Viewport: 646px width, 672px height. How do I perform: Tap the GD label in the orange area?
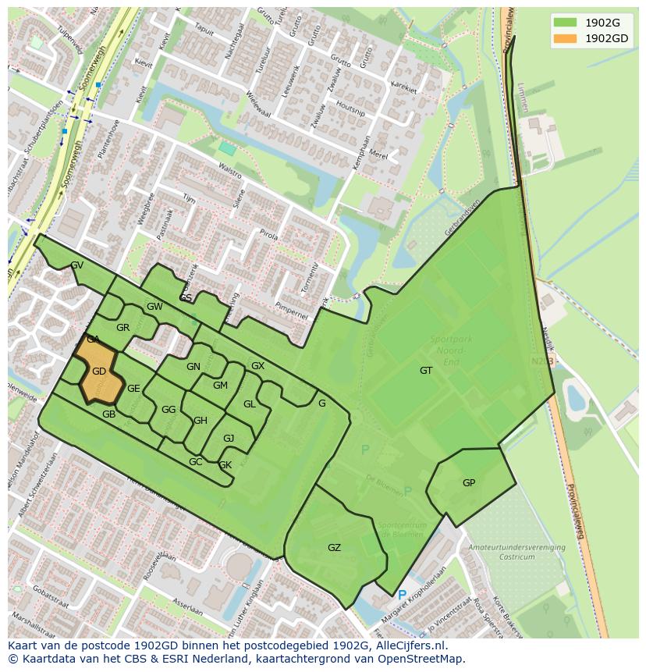tap(99, 372)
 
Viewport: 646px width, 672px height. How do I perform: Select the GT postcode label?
tap(426, 371)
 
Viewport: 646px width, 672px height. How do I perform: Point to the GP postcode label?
tap(469, 483)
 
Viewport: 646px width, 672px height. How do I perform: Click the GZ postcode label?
tap(334, 548)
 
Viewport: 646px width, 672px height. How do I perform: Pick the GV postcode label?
tap(77, 265)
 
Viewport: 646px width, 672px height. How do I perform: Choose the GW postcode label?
tap(154, 307)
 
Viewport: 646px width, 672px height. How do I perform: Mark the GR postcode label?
tap(122, 328)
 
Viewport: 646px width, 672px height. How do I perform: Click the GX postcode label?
tap(257, 366)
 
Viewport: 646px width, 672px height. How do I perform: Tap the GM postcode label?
tap(220, 386)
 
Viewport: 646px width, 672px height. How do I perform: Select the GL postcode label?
tap(250, 404)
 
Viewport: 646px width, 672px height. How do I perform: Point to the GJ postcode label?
tap(229, 439)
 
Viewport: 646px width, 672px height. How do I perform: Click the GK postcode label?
tap(225, 465)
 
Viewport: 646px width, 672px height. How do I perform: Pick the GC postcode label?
tap(195, 462)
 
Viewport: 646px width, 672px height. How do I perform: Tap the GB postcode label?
tap(108, 414)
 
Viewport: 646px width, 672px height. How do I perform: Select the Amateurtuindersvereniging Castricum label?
tap(516, 553)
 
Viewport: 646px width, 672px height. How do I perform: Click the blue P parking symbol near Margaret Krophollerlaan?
tap(402, 596)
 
